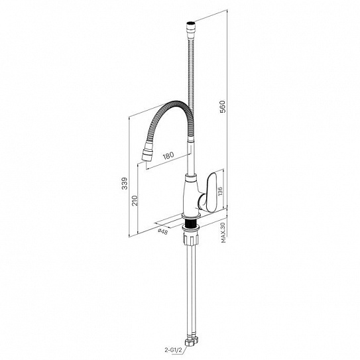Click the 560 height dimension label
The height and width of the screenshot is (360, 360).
tap(223, 107)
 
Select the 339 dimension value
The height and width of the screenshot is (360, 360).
tap(125, 183)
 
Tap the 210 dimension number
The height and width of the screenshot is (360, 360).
tap(135, 200)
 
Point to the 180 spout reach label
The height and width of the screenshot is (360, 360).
tap(168, 156)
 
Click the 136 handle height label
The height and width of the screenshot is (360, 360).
tap(220, 191)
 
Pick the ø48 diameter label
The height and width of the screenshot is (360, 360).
tap(163, 231)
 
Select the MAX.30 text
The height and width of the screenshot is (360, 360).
tap(223, 233)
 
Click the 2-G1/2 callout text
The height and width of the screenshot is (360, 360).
tap(173, 350)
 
